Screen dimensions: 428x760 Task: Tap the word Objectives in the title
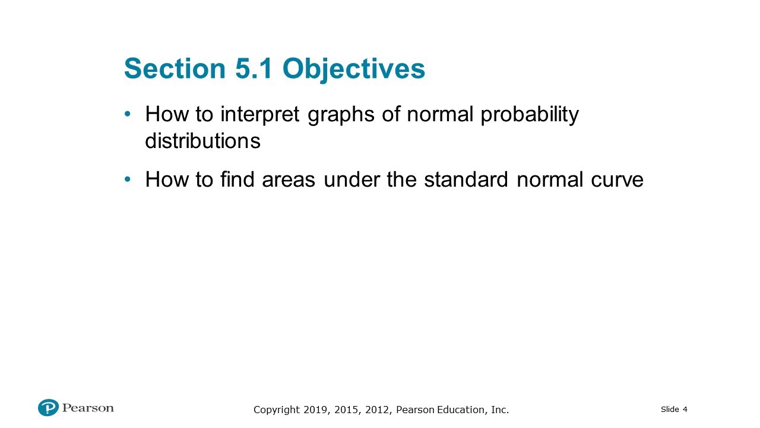(x=354, y=69)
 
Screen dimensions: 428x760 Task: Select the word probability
(x=530, y=114)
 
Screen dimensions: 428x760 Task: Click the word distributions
(x=202, y=141)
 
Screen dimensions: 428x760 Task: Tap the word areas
(x=289, y=180)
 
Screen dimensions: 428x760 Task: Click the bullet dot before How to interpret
(x=128, y=114)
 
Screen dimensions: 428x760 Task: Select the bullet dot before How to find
(x=128, y=179)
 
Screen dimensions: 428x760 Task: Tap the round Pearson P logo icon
(x=48, y=408)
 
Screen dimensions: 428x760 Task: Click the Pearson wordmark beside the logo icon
(x=88, y=408)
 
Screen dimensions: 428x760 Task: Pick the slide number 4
(x=685, y=409)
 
